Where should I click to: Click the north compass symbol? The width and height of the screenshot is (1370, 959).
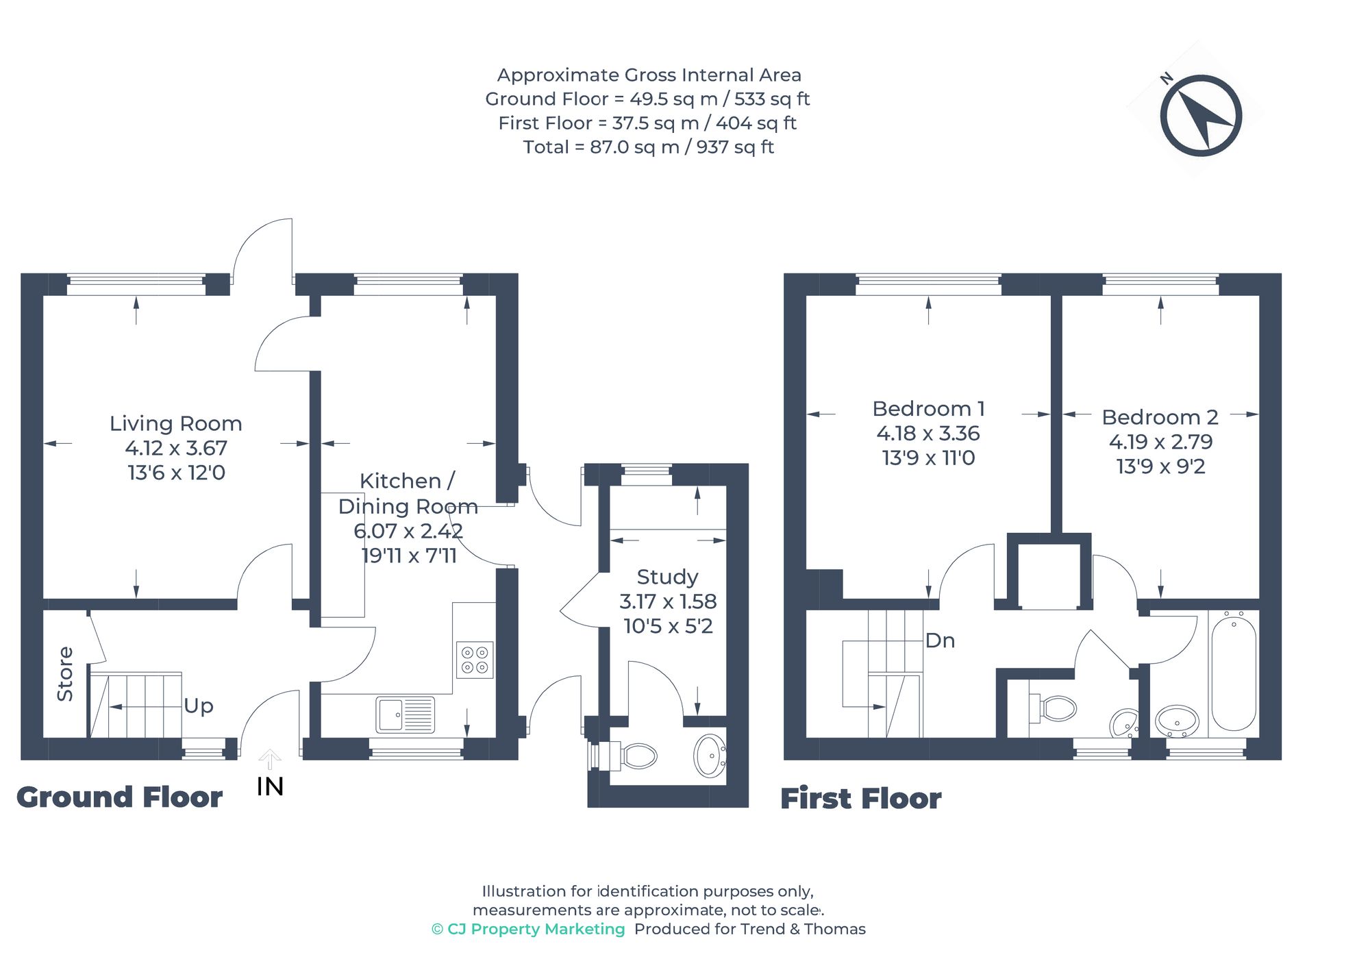[x=1200, y=115]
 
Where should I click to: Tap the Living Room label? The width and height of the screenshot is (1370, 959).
[x=176, y=423]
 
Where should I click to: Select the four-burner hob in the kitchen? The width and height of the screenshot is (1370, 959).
[x=475, y=660]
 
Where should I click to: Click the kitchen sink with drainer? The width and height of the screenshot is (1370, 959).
[x=405, y=714]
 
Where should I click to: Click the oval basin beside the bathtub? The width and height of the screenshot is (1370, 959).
[x=1177, y=721]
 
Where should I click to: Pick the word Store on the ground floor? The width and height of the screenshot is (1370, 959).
[x=65, y=673]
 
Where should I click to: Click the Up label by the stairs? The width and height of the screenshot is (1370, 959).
[x=199, y=706]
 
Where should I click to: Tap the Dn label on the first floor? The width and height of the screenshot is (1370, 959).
[x=940, y=640]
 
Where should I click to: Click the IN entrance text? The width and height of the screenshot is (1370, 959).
[x=270, y=786]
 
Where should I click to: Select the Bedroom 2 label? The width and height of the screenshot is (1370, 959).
[x=1160, y=417]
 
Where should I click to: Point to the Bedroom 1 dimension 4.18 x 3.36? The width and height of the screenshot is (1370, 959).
[x=927, y=434]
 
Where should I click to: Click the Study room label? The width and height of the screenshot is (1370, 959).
[x=667, y=577]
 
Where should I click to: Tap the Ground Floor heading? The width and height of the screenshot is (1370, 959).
[x=119, y=797]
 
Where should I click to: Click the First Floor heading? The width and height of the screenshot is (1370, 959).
[x=860, y=799]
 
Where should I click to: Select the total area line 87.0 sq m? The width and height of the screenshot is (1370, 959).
[x=648, y=147]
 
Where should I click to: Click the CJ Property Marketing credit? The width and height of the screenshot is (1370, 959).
[x=528, y=930]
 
